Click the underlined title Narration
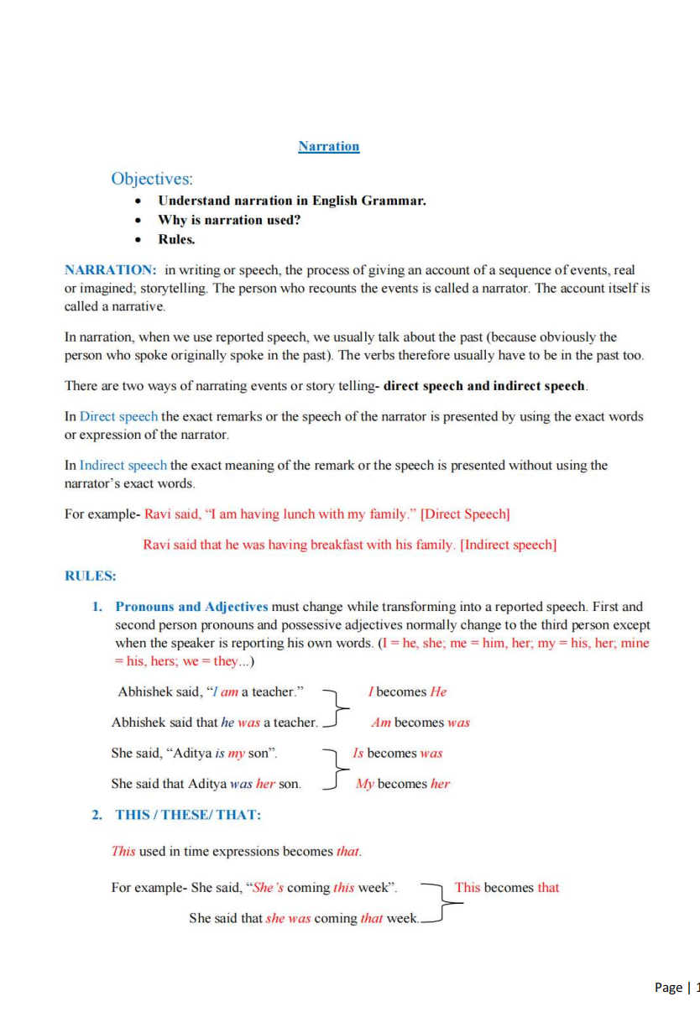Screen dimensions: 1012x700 [328, 147]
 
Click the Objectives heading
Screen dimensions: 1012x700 [152, 179]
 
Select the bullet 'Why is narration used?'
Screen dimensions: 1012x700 [229, 220]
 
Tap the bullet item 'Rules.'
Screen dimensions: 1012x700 [176, 239]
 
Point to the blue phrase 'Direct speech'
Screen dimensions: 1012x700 [118, 416]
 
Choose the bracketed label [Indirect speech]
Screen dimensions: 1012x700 [509, 545]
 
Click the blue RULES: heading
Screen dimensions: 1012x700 [91, 576]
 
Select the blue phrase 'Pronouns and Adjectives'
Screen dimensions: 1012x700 [191, 606]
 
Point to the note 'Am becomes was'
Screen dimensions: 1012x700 [420, 722]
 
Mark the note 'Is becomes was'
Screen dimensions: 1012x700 [397, 754]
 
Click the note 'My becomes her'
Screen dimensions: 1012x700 [403, 784]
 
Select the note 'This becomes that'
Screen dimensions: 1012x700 [507, 888]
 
